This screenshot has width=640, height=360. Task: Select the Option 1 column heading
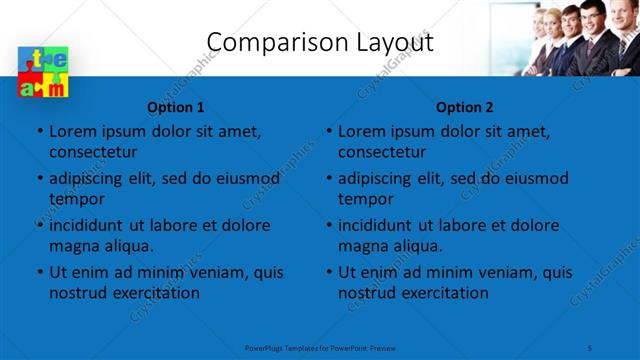coord(176,107)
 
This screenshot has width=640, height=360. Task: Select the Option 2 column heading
coord(465,107)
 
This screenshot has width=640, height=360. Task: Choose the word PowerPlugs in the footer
coord(265,347)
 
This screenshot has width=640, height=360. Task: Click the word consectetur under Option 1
coord(93,152)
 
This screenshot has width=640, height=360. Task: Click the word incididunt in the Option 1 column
coord(91,225)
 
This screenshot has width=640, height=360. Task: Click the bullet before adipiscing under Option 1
coord(38,179)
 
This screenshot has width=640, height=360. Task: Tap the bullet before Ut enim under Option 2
coord(327,273)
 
